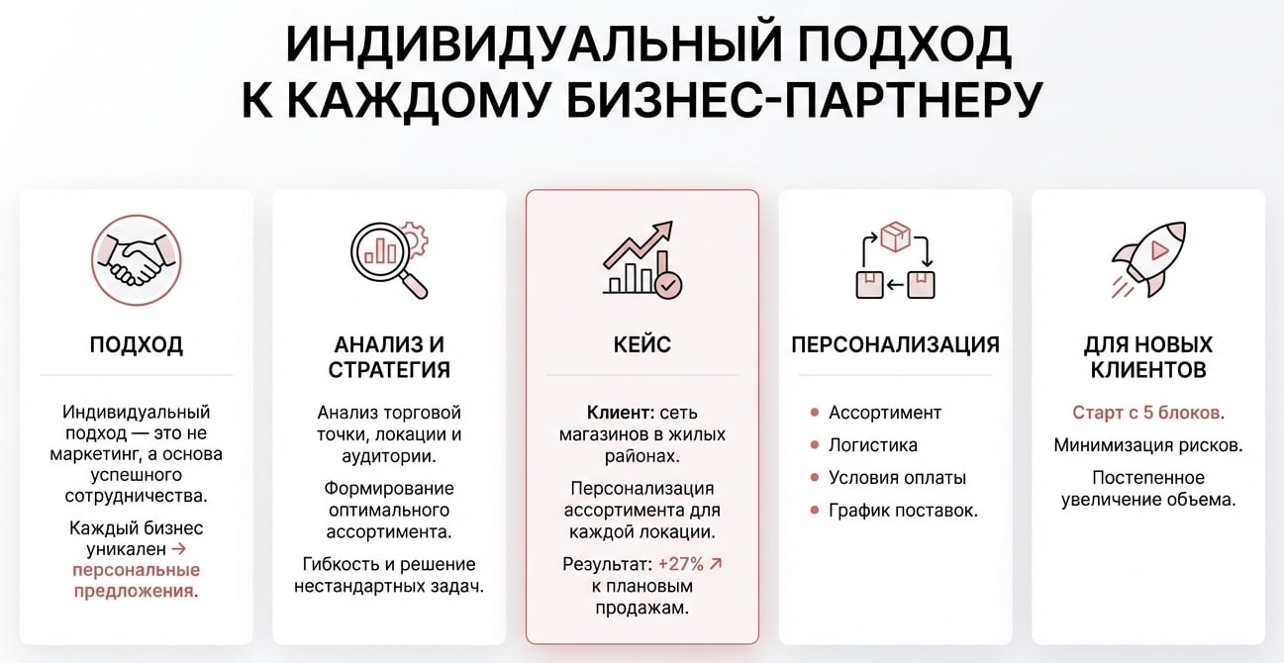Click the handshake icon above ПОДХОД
136,261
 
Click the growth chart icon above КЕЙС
642,259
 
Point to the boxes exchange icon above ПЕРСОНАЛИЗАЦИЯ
895,261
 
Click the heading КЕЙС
642,345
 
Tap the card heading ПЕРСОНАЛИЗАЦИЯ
895,345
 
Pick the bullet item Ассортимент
884,413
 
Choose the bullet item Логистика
872,445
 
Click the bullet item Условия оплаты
897,478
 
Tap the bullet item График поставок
903,511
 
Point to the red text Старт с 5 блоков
1148,413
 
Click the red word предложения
133,591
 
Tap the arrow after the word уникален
177,547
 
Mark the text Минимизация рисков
1148,445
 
